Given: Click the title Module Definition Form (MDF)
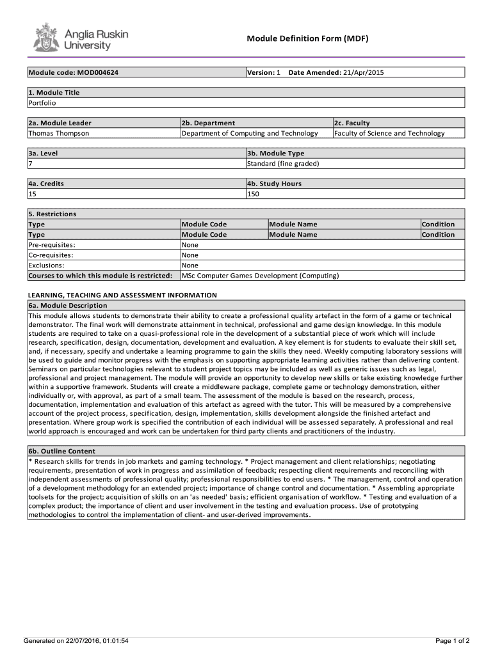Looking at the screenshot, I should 307,39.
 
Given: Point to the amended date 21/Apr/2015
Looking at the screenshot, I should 363,73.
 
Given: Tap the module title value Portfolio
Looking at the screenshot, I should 42,103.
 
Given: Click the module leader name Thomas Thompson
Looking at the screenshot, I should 59,133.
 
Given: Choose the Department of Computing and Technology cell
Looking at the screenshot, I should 250,133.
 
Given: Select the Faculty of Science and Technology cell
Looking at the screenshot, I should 389,133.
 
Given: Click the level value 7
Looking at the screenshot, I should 30,164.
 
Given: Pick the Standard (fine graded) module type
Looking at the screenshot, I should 283,164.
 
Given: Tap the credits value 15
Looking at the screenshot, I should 33,194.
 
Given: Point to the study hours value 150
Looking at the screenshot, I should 253,194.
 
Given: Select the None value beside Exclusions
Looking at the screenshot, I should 190,265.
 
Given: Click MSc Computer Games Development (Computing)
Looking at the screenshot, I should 260,276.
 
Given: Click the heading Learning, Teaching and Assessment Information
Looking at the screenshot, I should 122,296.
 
